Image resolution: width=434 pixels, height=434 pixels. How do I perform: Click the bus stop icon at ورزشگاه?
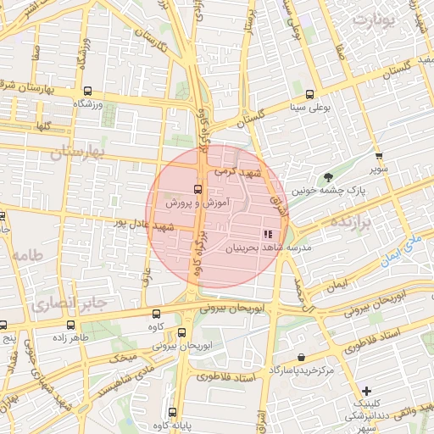tap(88, 91)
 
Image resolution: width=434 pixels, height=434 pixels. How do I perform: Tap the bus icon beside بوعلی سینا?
tap(310, 94)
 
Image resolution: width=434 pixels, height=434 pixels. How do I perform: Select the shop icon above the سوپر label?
tap(379, 156)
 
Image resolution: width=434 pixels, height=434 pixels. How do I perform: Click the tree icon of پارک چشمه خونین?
tap(328, 177)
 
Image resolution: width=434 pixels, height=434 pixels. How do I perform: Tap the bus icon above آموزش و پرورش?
tap(198, 189)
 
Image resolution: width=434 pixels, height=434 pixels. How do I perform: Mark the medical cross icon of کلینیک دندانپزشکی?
tap(366, 391)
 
